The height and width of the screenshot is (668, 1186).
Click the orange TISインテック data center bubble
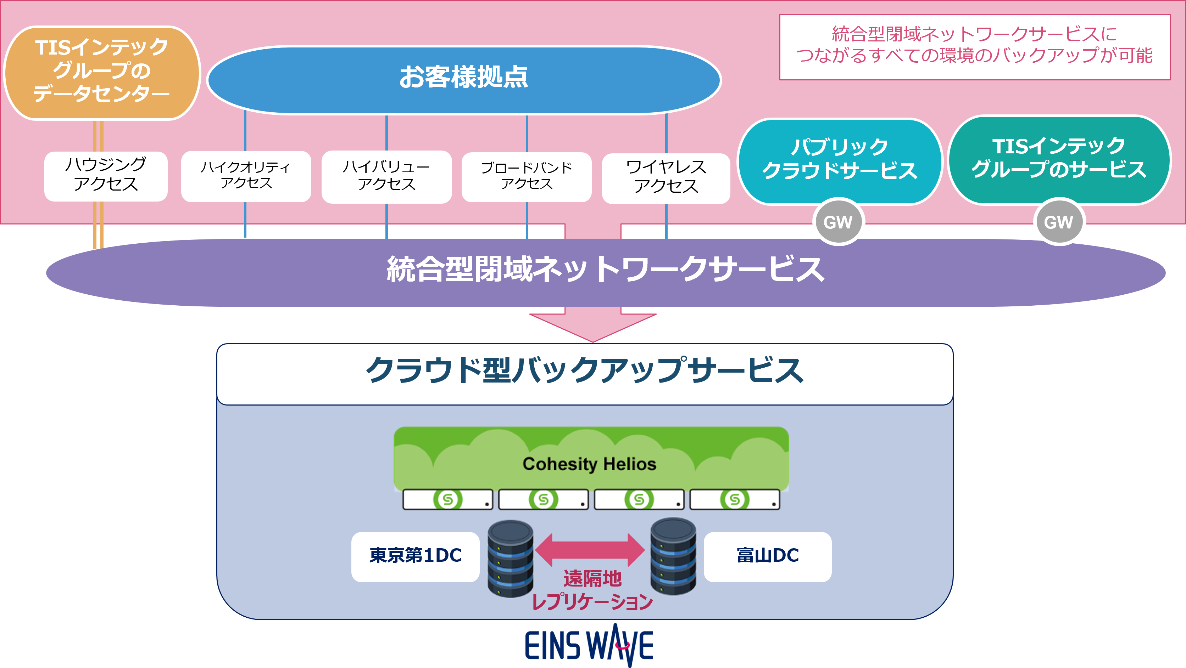click(102, 73)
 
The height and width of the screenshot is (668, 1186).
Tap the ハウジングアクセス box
click(106, 176)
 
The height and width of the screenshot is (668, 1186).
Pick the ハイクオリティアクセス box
click(246, 176)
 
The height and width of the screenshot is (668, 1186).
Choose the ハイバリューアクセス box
click(386, 176)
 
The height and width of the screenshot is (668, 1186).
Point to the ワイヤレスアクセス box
click(666, 177)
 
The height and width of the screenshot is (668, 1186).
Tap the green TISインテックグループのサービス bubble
click(1059, 159)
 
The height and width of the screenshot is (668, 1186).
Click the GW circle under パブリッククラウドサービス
click(838, 222)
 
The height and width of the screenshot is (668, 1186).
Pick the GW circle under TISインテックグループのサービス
click(1058, 222)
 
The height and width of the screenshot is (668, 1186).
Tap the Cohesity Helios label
click(589, 464)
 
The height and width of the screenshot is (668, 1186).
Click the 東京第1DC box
click(415, 556)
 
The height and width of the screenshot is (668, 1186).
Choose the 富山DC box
click(768, 556)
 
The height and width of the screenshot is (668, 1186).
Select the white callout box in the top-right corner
click(975, 47)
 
